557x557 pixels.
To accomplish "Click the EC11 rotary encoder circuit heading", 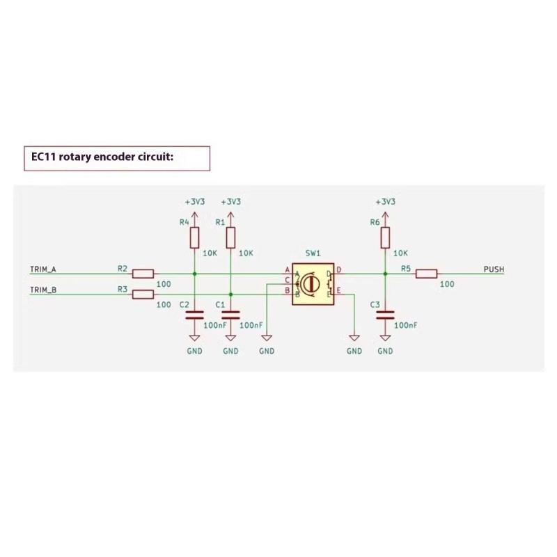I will [x=97, y=157].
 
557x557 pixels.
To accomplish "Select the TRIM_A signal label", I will [x=43, y=269].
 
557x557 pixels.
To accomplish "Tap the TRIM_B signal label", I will [x=43, y=289].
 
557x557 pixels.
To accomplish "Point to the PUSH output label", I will [x=494, y=269].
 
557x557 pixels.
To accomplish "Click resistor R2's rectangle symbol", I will [x=143, y=274].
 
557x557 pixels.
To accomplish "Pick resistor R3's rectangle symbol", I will [x=143, y=294].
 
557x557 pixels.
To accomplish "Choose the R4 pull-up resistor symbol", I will [x=195, y=238].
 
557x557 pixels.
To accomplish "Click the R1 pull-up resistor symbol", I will [x=230, y=238].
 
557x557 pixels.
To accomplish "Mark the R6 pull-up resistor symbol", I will [x=385, y=238].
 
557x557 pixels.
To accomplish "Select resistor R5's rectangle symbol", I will [x=426, y=274].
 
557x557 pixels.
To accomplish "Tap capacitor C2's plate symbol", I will [x=195, y=315].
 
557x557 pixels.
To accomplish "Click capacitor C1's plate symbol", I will [x=230, y=315].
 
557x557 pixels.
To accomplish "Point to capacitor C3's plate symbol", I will [x=385, y=315].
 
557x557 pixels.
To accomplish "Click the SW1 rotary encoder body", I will [x=313, y=283].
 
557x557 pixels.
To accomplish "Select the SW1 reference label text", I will [x=313, y=255].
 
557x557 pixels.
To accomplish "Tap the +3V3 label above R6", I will [x=385, y=201].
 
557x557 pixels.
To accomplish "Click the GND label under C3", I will [x=385, y=352].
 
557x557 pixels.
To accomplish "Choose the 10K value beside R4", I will [x=210, y=254].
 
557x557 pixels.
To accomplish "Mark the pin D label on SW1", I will [x=339, y=269].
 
